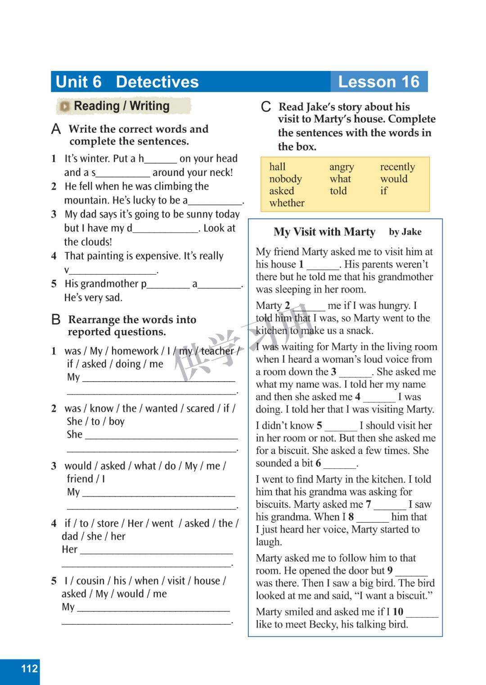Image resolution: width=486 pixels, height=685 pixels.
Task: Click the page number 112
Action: (x=29, y=668)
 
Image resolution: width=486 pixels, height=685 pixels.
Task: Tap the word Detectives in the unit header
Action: (x=157, y=82)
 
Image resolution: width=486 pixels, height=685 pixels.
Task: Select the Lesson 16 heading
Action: (x=378, y=82)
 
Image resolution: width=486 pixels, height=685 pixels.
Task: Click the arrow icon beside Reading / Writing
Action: (x=65, y=107)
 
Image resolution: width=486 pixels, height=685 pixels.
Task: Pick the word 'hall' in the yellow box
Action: (x=277, y=167)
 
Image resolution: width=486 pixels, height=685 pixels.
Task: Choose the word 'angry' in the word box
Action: (x=342, y=167)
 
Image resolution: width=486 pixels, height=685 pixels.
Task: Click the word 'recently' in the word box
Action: (x=397, y=167)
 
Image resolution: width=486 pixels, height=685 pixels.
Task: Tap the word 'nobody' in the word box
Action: (x=285, y=179)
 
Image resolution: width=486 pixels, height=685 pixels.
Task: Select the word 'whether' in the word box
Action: (x=287, y=203)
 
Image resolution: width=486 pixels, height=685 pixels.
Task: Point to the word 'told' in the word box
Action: (x=338, y=191)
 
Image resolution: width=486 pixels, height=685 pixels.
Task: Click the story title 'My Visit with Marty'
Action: (x=324, y=232)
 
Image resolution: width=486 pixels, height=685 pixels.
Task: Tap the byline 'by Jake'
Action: (x=405, y=232)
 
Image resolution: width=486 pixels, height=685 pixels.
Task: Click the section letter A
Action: (x=56, y=129)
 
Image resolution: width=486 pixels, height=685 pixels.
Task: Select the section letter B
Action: (x=56, y=320)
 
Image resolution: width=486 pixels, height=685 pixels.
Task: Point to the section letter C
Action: (x=266, y=107)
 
